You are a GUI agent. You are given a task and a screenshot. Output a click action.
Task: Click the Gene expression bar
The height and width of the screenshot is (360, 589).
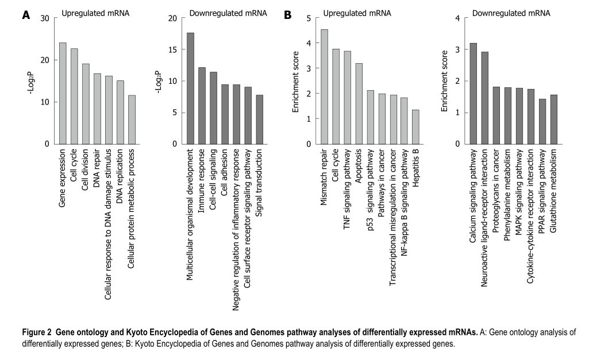[63, 93]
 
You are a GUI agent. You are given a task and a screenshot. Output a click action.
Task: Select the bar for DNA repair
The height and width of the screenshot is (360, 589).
[97, 109]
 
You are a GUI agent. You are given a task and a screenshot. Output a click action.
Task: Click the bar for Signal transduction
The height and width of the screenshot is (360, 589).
[259, 119]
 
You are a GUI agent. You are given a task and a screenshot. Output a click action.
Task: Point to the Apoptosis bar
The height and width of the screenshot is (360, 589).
[359, 103]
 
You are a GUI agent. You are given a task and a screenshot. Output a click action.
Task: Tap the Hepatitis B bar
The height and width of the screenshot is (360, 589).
[415, 127]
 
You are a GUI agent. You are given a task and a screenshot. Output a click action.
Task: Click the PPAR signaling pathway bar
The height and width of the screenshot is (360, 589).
[542, 121]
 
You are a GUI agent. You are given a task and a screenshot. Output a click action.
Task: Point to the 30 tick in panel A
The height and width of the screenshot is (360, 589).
[45, 18]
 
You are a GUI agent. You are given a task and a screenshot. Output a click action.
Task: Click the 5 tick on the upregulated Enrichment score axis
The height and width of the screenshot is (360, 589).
[308, 18]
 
